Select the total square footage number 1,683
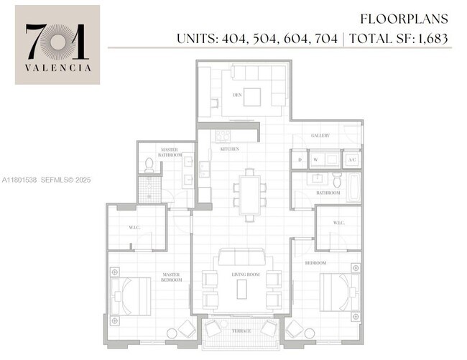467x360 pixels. coord(434,37)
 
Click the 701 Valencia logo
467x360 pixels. coord(57,45)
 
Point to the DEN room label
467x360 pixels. coord(236,95)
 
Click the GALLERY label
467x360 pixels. coord(320,135)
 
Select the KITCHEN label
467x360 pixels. coord(229,149)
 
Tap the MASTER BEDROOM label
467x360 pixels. coord(171,277)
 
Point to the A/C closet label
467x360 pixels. coord(351,160)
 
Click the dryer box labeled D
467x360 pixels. coord(299,160)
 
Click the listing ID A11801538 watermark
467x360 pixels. coord(21,180)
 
